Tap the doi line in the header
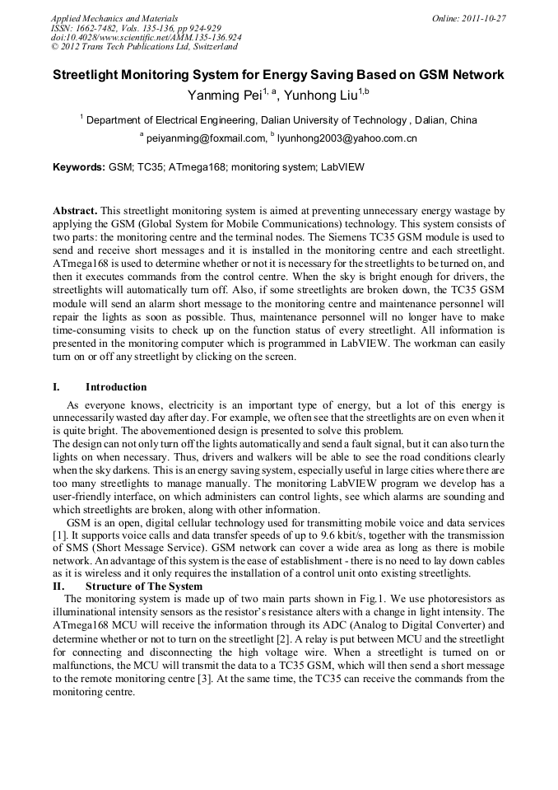[146, 38]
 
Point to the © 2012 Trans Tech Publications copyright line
[144, 48]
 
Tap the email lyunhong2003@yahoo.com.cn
[346, 139]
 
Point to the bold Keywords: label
[79, 167]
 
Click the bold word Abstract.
[76, 212]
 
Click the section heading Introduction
[116, 387]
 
